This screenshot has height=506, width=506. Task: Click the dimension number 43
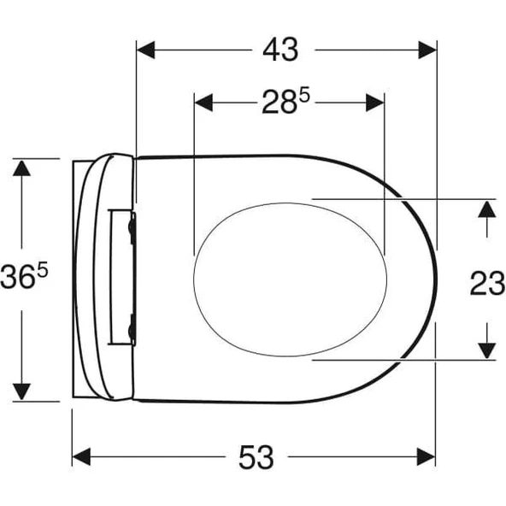click(x=280, y=50)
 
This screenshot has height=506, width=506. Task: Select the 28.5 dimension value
click(x=285, y=103)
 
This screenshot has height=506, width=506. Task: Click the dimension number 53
click(x=256, y=458)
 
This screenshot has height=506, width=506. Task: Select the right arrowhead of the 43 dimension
click(x=427, y=50)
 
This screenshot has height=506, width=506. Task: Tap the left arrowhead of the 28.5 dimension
click(x=204, y=103)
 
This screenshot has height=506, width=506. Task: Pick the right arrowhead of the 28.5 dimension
click(x=375, y=103)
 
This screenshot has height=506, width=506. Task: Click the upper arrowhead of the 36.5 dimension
click(x=21, y=168)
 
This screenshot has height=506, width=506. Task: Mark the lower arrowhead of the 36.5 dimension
click(x=21, y=391)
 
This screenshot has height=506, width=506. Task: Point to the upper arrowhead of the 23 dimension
click(x=486, y=209)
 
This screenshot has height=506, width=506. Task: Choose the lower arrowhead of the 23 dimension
click(x=486, y=350)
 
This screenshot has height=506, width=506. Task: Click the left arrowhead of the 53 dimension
click(x=82, y=458)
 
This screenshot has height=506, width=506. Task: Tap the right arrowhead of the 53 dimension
click(x=427, y=458)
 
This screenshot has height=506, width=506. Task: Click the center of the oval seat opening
click(x=291, y=279)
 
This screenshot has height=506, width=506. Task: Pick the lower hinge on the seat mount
click(x=131, y=324)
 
